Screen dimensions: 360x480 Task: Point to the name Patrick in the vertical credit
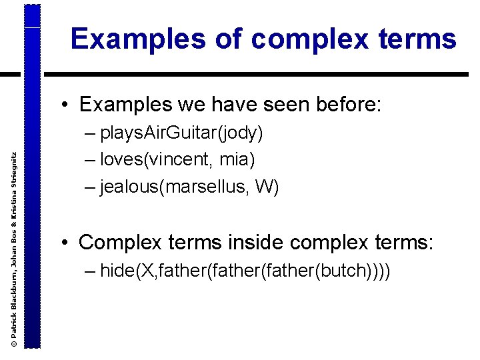coord(14,324)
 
